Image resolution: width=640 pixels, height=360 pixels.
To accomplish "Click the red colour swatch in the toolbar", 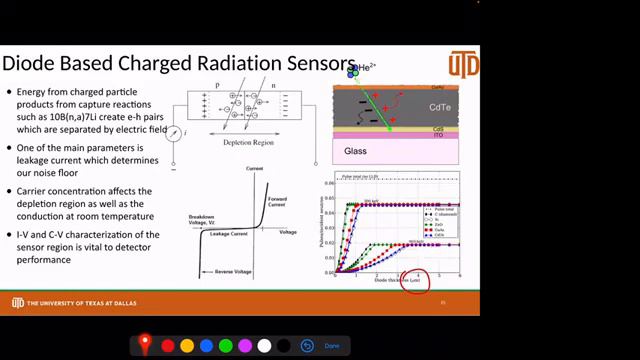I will coord(167,345).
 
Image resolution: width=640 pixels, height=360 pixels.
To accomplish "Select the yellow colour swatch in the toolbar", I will coord(186,345).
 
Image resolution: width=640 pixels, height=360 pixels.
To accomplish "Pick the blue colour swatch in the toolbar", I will coord(206,345).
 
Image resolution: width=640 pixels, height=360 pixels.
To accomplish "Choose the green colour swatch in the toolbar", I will coord(225,345).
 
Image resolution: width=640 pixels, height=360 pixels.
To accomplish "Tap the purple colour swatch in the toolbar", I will coord(245,345).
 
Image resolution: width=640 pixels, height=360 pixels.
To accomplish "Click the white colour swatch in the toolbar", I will coord(264,345).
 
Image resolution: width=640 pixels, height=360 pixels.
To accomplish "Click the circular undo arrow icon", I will coord(308,345).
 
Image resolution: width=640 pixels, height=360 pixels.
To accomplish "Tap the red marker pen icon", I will coord(145,345).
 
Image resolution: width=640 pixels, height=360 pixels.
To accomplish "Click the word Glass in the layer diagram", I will coord(355,152).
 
